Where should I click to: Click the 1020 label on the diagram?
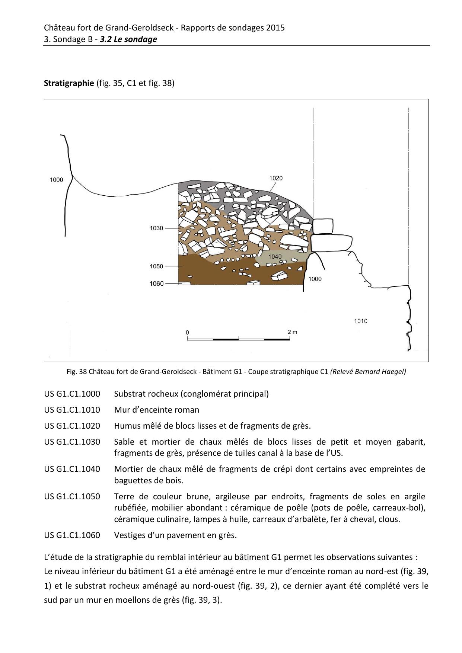[x=276, y=178]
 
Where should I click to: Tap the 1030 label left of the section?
[x=157, y=228]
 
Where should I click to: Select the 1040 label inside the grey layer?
[x=275, y=257]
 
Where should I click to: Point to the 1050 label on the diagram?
[x=157, y=266]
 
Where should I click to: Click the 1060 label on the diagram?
[x=157, y=284]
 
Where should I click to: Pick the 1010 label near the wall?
[x=360, y=321]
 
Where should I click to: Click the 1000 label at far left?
[x=57, y=180]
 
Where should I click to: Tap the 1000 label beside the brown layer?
[x=315, y=279]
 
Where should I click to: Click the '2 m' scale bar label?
[x=292, y=332]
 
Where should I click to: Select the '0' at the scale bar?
[x=188, y=332]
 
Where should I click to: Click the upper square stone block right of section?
[x=322, y=226]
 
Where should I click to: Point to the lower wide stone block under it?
[x=331, y=243]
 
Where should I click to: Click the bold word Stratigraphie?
[x=69, y=83]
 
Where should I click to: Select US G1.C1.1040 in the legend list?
[x=72, y=469]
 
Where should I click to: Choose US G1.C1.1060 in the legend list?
[x=72, y=535]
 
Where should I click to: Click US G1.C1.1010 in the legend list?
[x=72, y=410]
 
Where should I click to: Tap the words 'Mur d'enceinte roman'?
[x=157, y=410]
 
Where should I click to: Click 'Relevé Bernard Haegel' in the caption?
[x=368, y=371]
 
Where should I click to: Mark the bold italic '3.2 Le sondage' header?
[x=128, y=39]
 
